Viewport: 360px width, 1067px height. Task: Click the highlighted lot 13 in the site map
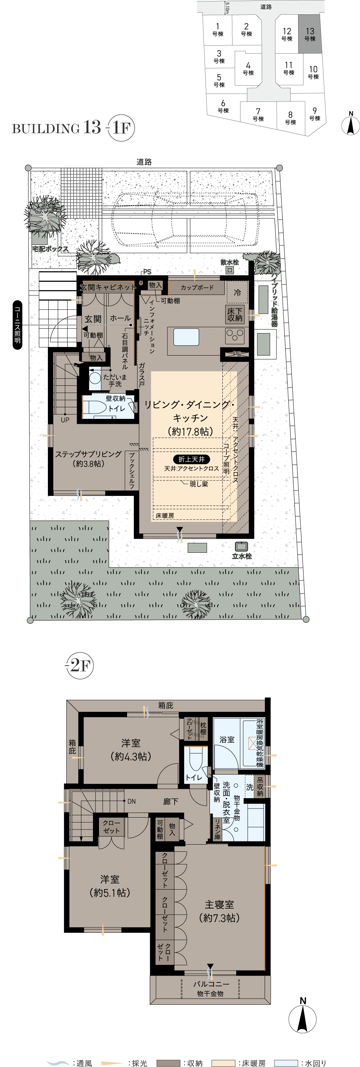coord(310,34)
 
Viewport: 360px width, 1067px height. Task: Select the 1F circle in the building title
coord(121,128)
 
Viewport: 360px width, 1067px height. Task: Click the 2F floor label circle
coord(80,666)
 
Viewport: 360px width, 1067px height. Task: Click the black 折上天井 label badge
coord(192,459)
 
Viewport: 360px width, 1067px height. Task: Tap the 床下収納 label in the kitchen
coord(235,315)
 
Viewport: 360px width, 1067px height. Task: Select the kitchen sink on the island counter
coord(186,337)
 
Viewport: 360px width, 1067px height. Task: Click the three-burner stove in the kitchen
coord(235,335)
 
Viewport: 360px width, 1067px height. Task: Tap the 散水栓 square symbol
coord(230,270)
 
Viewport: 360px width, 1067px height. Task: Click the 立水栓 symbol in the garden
coord(242,547)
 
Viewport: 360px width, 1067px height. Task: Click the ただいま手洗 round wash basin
coord(95,378)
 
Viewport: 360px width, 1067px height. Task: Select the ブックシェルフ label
coord(132,471)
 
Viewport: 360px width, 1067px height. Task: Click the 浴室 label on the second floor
coord(227,740)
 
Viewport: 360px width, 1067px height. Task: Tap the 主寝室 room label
coord(219,905)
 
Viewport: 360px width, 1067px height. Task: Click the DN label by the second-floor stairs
coord(131,801)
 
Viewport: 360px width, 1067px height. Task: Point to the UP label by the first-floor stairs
coord(65,420)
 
